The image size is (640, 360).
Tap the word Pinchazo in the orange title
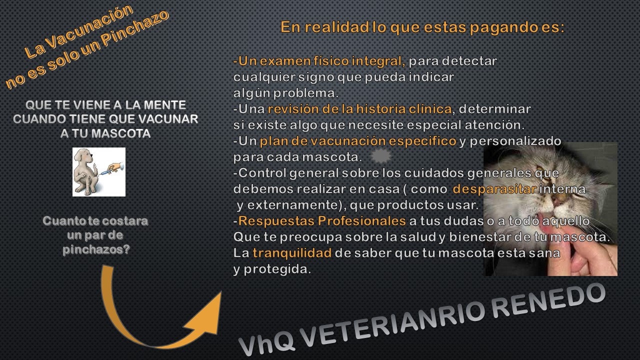[135, 28]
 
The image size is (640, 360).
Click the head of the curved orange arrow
[206, 315]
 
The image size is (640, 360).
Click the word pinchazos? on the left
[96, 249]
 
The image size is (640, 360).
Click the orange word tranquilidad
[292, 253]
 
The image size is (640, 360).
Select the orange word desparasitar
[494, 189]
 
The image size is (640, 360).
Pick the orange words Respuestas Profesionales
[322, 221]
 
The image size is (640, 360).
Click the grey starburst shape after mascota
[381, 156]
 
